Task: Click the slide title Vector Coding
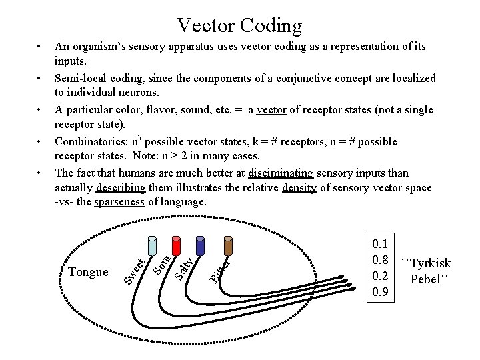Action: (x=239, y=25)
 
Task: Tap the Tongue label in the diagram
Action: (x=88, y=272)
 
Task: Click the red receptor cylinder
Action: (x=177, y=245)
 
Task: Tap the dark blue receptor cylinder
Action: (x=201, y=245)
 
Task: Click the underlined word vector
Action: (x=271, y=110)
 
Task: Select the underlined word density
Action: (x=299, y=189)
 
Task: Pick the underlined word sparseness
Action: (x=119, y=202)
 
